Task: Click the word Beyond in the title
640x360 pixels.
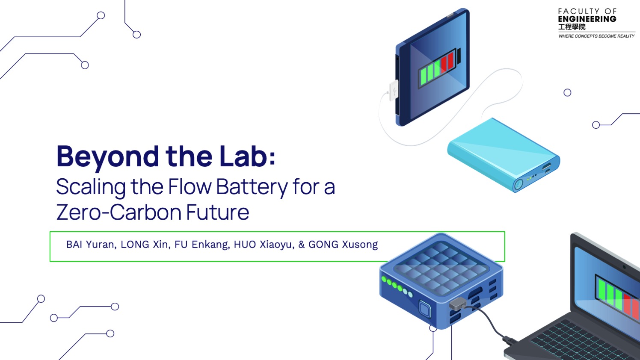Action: pos(108,157)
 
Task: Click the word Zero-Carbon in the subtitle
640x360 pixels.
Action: pos(119,212)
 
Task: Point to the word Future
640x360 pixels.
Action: pos(218,212)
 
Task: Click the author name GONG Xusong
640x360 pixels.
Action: pos(343,245)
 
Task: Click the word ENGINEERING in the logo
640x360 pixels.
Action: pos(587,19)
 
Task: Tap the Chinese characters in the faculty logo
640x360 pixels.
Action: pos(572,27)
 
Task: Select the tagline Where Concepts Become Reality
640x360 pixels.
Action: pos(596,36)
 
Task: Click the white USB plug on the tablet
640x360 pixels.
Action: pos(394,91)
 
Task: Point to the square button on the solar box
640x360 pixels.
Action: pos(425,309)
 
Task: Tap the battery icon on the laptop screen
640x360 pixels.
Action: pos(618,296)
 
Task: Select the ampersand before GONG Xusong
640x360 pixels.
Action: pos(302,245)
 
